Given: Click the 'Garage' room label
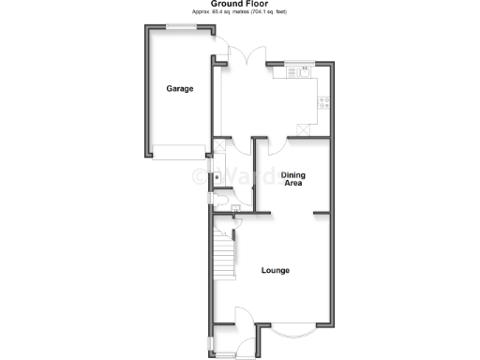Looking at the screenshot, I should pyautogui.click(x=180, y=89).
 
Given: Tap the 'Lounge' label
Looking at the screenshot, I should pyautogui.click(x=275, y=271).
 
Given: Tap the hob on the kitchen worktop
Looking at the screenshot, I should pyautogui.click(x=324, y=102).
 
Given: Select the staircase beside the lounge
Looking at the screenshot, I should pyautogui.click(x=223, y=253).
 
